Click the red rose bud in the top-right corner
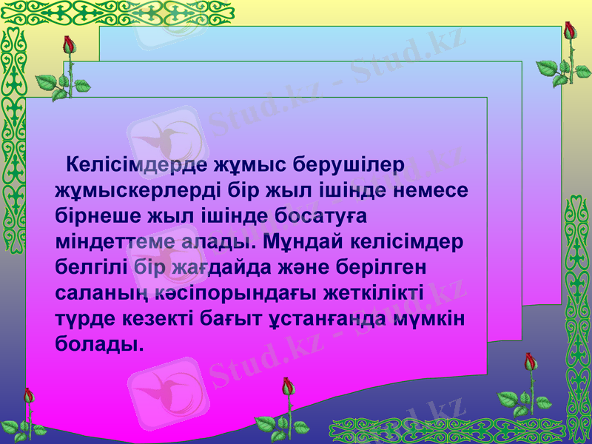(x=569, y=30)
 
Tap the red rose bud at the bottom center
(x=287, y=386)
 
